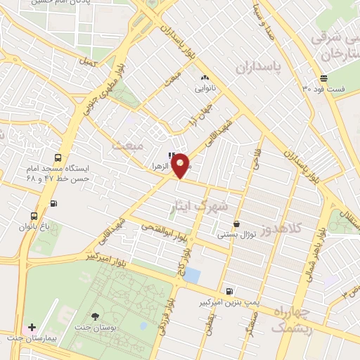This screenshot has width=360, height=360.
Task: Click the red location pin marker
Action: pos(180,165)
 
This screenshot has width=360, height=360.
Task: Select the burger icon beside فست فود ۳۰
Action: pos(323,78)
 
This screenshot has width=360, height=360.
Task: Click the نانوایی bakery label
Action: pos(205,89)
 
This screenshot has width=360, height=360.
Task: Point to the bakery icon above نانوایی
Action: pos(205,78)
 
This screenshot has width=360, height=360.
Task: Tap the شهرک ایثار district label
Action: pos(200,205)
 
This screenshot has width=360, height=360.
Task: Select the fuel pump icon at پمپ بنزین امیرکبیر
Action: pos(229,291)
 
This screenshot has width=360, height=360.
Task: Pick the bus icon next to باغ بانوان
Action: pos(34,216)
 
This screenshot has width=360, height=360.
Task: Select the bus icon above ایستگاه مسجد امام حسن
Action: pos(58,158)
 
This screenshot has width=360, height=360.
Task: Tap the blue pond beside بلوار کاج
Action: pos(191,275)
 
